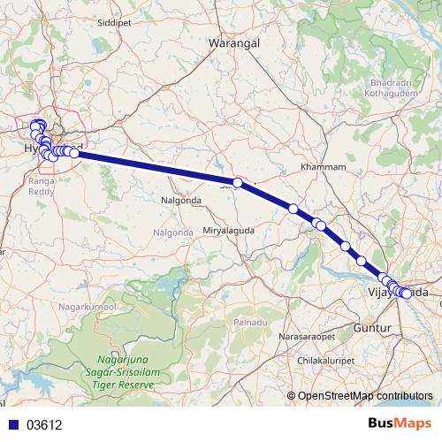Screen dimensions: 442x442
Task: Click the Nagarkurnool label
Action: [87, 305]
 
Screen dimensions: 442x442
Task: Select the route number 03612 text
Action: [44, 424]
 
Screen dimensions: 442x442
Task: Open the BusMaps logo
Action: [400, 423]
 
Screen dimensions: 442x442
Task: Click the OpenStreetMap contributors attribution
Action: [365, 395]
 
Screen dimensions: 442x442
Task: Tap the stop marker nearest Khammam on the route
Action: [293, 209]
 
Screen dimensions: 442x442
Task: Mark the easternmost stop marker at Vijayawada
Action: [407, 293]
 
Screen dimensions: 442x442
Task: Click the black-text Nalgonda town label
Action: [181, 201]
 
